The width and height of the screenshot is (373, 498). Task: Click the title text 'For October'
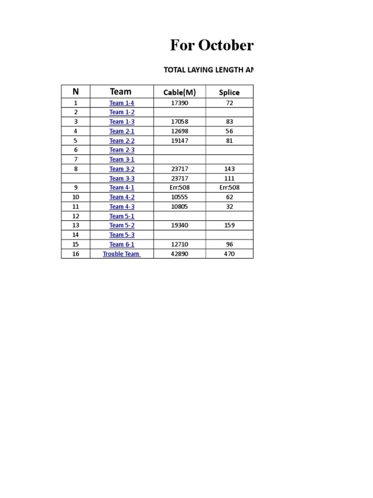coord(211,45)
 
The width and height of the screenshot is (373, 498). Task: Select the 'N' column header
coord(75,91)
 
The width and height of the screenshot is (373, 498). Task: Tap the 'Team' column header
coord(120,91)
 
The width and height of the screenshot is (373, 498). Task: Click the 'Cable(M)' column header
coord(179,92)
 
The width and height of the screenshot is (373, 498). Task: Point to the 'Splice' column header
coord(229,92)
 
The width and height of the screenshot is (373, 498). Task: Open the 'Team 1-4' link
coord(121,103)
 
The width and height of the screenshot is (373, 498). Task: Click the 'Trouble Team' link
coord(121,254)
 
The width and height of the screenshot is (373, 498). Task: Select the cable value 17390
coord(180,103)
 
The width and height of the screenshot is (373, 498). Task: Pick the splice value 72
coord(229,103)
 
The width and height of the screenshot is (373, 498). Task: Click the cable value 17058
coord(180,122)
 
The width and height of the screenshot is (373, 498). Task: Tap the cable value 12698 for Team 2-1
coord(180,131)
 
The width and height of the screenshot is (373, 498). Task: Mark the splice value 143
coord(229,169)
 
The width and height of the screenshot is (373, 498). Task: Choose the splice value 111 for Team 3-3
coord(229,178)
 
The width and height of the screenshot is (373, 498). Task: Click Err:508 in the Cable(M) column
coord(180,188)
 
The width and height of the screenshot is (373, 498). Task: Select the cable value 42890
coord(180,254)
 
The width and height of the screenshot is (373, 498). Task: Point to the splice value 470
coord(229,254)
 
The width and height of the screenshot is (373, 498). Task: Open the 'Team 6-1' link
coord(121,245)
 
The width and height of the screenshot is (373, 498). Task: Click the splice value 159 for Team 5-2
coord(229,225)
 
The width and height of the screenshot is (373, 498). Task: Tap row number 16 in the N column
coord(75,254)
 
